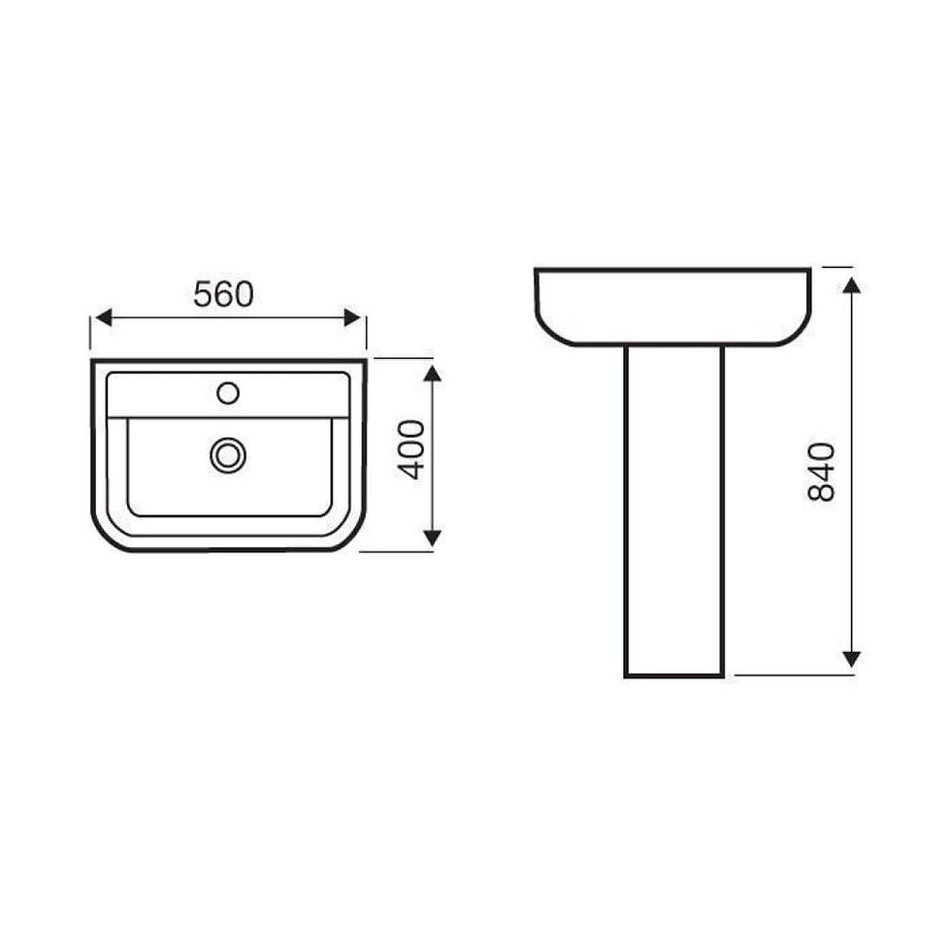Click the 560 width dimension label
click(223, 294)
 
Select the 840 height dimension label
click(822, 472)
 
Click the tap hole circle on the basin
click(228, 393)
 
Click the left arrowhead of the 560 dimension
click(104, 317)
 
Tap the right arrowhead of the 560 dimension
click(352, 317)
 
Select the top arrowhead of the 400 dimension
click(432, 373)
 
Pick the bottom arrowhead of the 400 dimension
click(432, 538)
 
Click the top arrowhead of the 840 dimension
click(852, 285)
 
